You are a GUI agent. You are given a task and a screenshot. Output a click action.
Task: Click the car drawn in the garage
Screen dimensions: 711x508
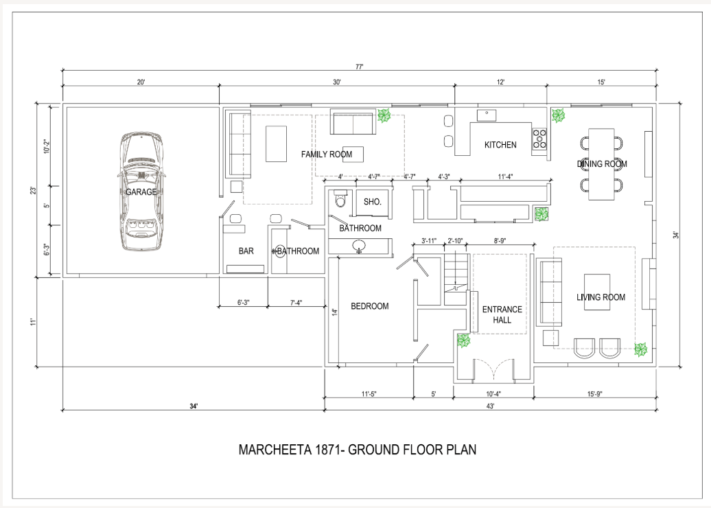[x=141, y=191]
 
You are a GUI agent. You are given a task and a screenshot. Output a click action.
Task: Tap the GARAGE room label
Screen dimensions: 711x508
[x=141, y=192]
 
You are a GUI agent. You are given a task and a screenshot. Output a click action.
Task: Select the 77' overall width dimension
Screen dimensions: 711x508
[x=359, y=67]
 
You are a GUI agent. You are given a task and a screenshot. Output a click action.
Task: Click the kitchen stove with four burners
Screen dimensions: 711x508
[x=539, y=139]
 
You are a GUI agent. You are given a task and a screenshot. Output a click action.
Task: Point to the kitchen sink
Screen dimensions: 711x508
[x=487, y=115]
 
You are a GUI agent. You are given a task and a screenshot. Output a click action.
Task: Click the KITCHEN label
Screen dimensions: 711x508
[x=500, y=145]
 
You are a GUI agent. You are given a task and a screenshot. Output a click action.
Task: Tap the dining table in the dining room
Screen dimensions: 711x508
[x=601, y=164]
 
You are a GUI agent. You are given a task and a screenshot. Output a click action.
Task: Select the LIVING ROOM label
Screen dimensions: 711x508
[x=601, y=297]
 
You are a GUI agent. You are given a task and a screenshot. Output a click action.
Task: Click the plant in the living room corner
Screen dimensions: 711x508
[x=640, y=349]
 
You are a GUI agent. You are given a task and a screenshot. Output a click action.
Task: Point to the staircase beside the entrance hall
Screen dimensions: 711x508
[x=455, y=279]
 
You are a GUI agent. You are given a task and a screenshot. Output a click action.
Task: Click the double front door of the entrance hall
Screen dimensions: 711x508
[x=494, y=369]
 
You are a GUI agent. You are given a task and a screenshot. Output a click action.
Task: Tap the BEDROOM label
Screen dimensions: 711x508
[x=369, y=306]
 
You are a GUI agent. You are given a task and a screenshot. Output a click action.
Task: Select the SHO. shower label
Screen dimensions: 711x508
[x=372, y=202]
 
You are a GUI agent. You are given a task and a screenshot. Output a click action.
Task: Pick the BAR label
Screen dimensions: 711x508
[x=246, y=251]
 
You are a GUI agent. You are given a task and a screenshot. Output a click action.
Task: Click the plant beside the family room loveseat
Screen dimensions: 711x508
[x=384, y=115]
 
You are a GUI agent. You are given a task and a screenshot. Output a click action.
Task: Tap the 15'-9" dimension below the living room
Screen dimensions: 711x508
[x=595, y=394]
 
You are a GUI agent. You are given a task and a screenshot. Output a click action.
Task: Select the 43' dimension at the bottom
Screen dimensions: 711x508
[x=490, y=406]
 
